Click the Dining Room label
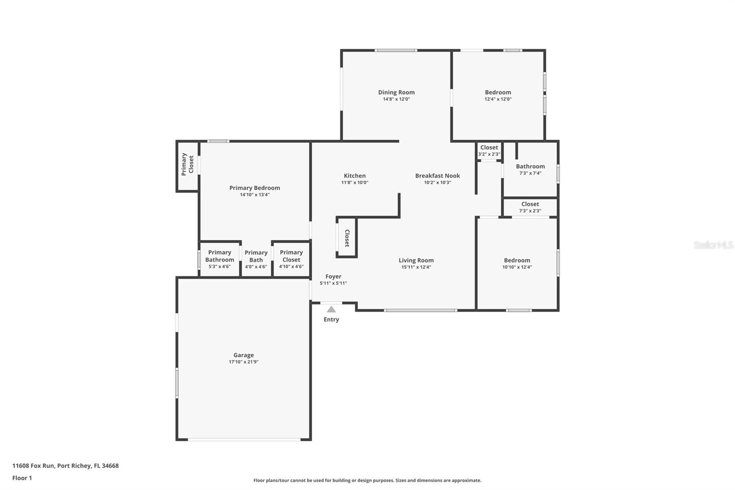pyautogui.click(x=396, y=92)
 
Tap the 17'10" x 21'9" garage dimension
pyautogui.click(x=243, y=362)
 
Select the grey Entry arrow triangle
pyautogui.click(x=331, y=309)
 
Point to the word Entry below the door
pyautogui.click(x=331, y=319)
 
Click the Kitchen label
pyautogui.click(x=355, y=176)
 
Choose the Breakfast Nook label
pyautogui.click(x=437, y=176)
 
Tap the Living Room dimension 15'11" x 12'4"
pyautogui.click(x=416, y=267)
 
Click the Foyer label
pyautogui.click(x=333, y=277)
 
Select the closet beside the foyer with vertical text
pyautogui.click(x=347, y=238)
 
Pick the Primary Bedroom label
pyautogui.click(x=254, y=188)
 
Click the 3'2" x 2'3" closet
pyautogui.click(x=489, y=151)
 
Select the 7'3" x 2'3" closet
pyautogui.click(x=530, y=207)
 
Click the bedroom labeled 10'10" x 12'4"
pyautogui.click(x=517, y=263)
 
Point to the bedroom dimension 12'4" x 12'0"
pyautogui.click(x=498, y=99)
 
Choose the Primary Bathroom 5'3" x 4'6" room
pyautogui.click(x=220, y=259)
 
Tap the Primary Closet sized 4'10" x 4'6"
pyautogui.click(x=291, y=259)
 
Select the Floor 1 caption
pyautogui.click(x=22, y=478)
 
